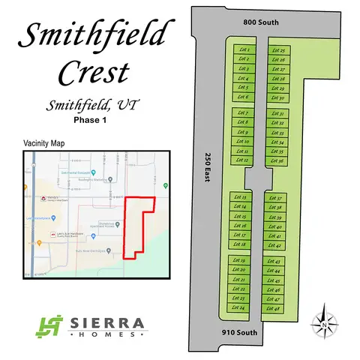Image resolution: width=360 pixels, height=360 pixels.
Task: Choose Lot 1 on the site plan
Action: (x=242, y=49)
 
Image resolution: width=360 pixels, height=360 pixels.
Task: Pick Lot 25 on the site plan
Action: (x=278, y=49)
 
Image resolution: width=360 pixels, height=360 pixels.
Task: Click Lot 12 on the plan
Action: (x=241, y=160)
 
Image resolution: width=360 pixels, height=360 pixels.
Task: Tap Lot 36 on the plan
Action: (x=277, y=160)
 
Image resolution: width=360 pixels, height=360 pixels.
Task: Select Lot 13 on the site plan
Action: (x=241, y=196)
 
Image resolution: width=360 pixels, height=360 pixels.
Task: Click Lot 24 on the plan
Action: (x=241, y=307)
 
